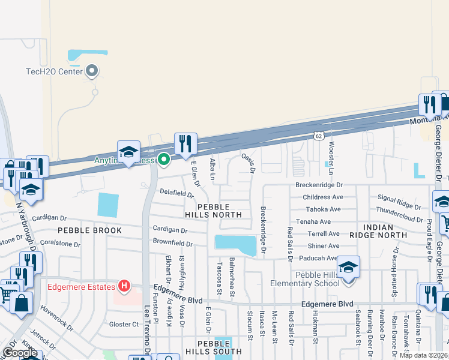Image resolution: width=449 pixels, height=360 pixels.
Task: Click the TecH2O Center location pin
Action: tap(92, 71)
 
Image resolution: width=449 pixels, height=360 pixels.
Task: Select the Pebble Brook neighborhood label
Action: tap(89, 230)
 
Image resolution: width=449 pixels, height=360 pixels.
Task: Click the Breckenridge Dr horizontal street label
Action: tap(318, 185)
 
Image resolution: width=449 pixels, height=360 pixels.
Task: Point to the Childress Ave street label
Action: tap(323, 197)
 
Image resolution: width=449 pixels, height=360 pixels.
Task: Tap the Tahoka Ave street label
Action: tap(323, 209)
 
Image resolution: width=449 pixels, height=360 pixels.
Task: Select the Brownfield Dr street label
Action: tap(172, 244)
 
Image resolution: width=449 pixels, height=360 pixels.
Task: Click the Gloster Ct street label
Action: tap(124, 325)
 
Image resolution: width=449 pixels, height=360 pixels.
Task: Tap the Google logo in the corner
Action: tap(20, 353)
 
